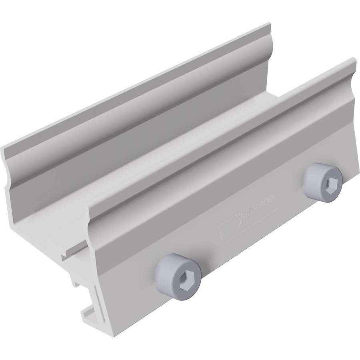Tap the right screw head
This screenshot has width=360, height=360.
coord(322,182)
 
